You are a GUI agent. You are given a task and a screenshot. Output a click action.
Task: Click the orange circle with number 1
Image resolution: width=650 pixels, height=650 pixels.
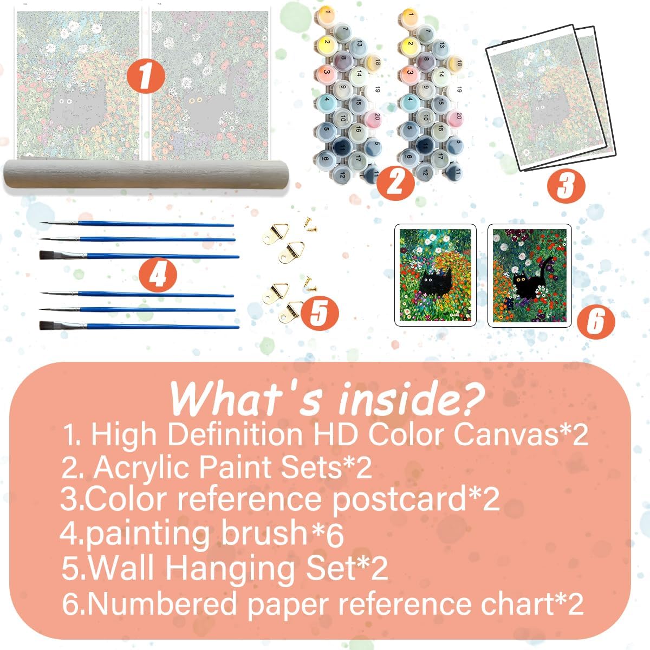146,75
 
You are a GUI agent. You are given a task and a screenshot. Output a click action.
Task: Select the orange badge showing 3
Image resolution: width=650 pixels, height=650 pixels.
566,186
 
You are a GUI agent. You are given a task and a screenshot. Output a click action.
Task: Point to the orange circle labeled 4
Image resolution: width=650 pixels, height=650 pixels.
158,275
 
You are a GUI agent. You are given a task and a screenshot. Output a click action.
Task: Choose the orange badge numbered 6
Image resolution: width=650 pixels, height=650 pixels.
596,321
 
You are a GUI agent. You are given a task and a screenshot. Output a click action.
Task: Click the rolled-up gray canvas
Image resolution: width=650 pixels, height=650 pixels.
146,176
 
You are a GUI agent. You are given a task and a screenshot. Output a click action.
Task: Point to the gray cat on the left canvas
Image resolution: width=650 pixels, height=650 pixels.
77,105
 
